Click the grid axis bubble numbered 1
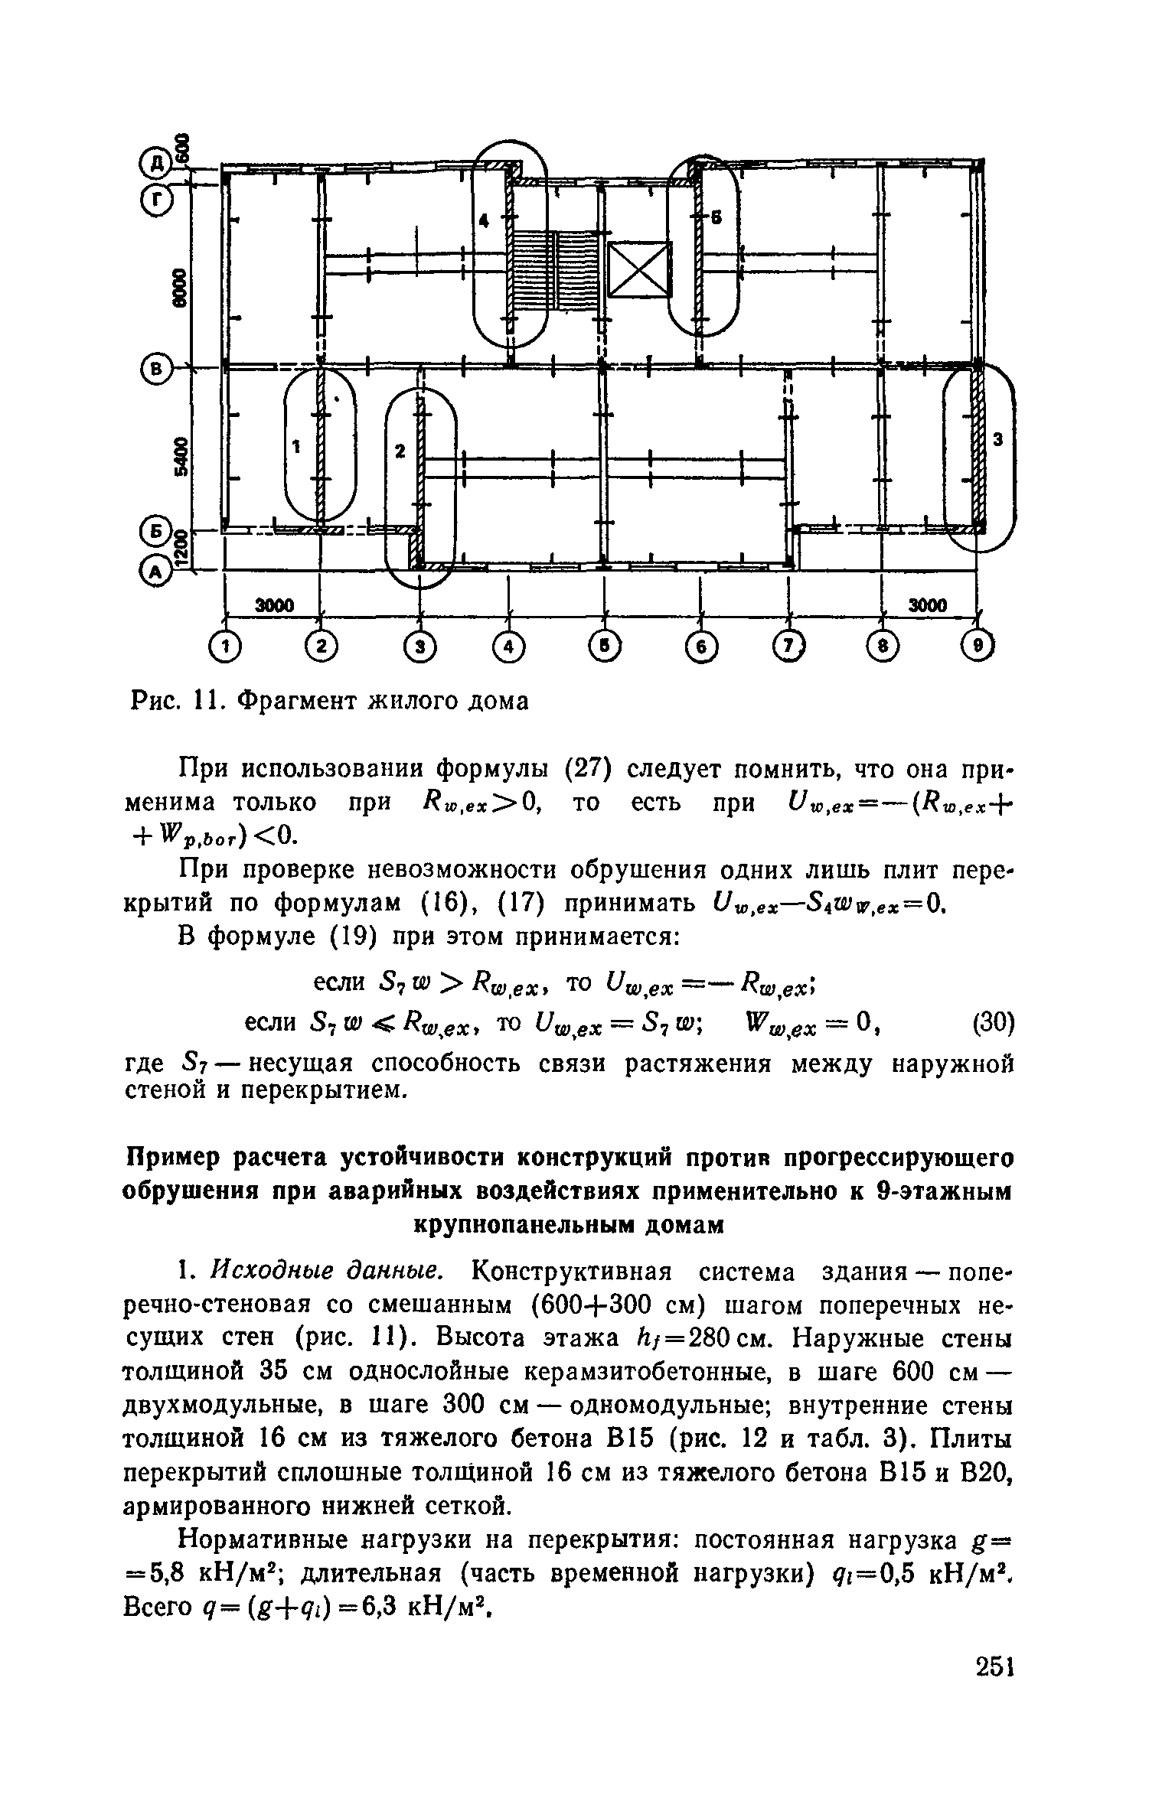point(224,647)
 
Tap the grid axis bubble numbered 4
point(509,647)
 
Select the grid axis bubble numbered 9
point(978,647)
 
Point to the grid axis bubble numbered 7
point(790,647)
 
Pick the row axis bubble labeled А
point(156,571)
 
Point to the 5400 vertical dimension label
point(181,457)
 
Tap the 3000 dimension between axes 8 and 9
point(928,606)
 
